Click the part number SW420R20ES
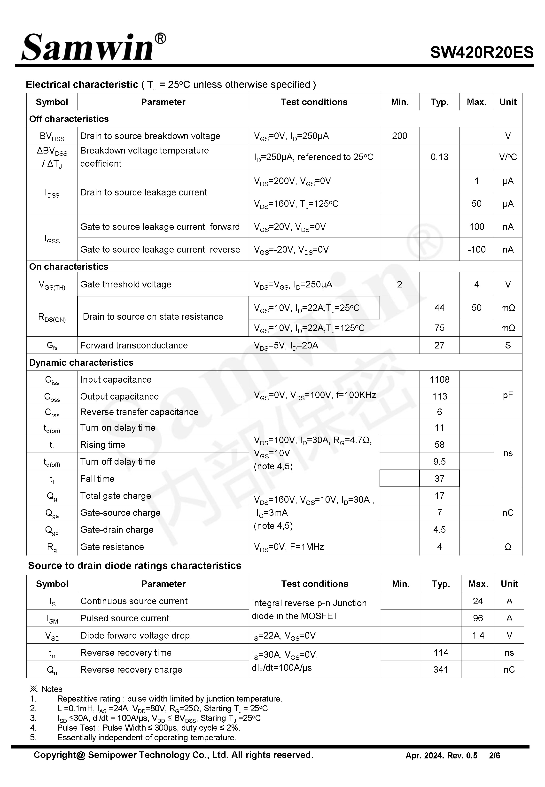click(482, 53)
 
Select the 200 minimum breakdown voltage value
click(399, 136)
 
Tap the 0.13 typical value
click(439, 157)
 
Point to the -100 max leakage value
click(476, 249)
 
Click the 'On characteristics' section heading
click(69, 267)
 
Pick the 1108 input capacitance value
click(439, 379)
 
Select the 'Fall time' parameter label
click(97, 478)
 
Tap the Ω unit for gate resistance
click(508, 547)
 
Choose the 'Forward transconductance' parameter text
click(134, 345)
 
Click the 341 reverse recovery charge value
click(441, 670)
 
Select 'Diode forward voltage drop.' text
click(136, 635)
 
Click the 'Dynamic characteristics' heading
click(81, 363)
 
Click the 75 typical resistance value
click(439, 328)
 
